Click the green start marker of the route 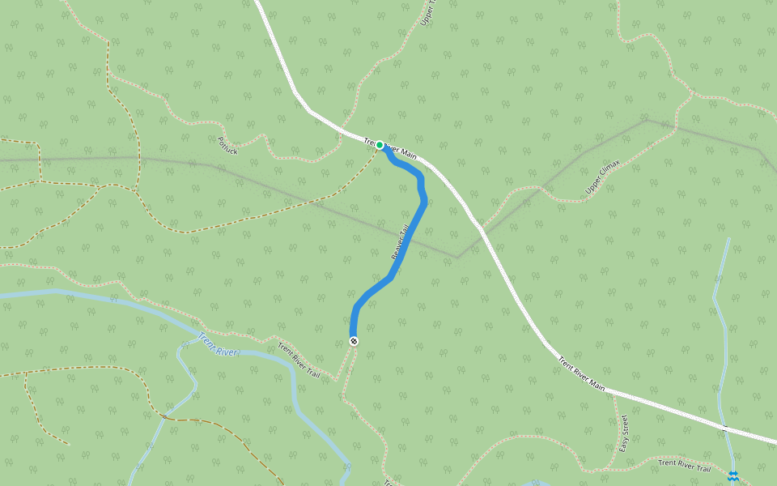[380, 145]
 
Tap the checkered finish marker [354, 341]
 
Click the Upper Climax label [602, 177]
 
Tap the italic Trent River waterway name [218, 343]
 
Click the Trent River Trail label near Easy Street [684, 465]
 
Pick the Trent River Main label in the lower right [581, 373]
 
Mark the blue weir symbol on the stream [732, 476]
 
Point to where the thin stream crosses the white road [725, 426]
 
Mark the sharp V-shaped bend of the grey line [457, 258]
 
